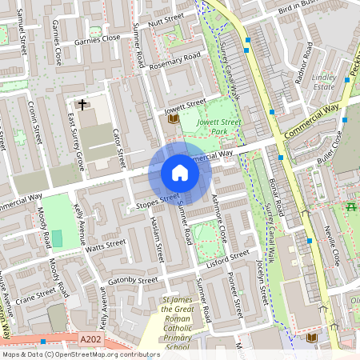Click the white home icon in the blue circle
coord(180,173)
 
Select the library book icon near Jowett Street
coord(173,119)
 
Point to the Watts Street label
coord(106,243)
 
